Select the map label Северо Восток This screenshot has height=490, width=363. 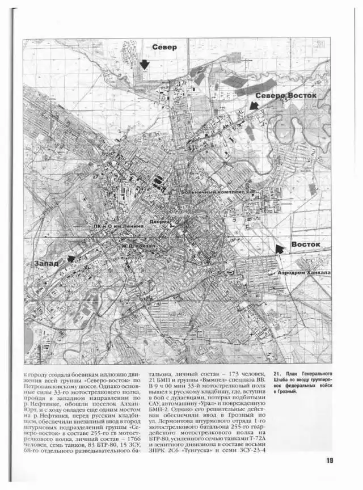285,96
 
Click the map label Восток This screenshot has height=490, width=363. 305,244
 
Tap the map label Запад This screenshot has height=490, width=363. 46,264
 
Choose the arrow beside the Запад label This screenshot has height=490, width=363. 70,259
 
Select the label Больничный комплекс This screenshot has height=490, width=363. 213,193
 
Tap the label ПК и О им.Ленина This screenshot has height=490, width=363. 119,226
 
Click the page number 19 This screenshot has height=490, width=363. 330,460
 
